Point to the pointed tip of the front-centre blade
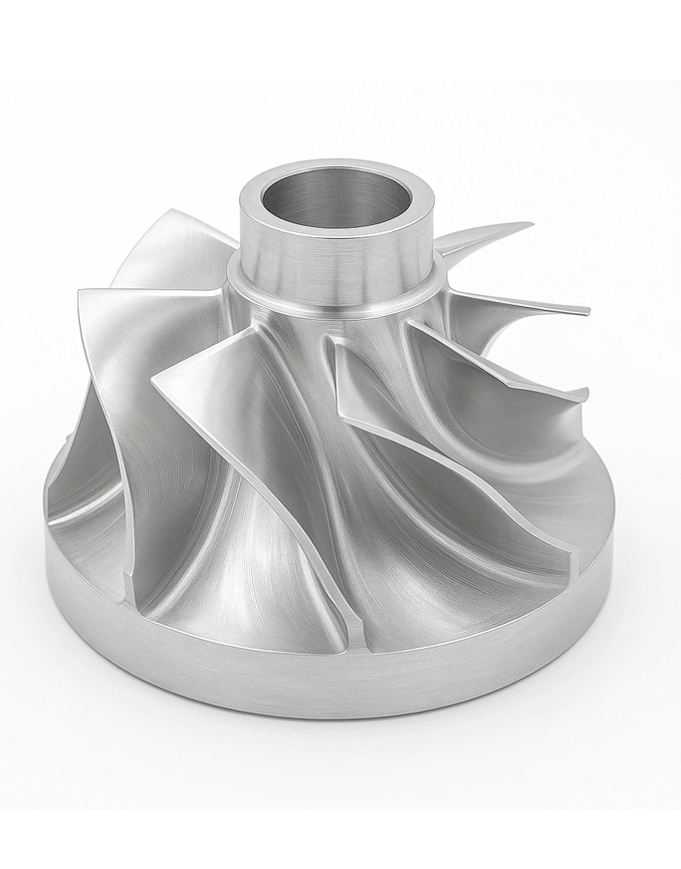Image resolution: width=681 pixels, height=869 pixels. [154, 381]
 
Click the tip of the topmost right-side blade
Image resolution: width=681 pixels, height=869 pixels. [530, 225]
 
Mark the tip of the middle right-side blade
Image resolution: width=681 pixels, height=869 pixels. [586, 312]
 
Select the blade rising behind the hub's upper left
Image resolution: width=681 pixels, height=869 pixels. [169, 249]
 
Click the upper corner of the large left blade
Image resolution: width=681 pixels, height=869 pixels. [83, 293]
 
